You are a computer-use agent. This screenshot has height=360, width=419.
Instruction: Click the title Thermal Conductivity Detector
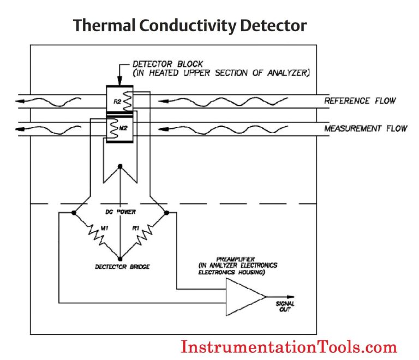point(190,25)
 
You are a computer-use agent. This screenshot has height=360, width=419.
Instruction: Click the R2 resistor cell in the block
point(119,101)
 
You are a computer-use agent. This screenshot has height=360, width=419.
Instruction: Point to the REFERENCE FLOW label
point(360,101)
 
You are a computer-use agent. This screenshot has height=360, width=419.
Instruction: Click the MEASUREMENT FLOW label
point(366,129)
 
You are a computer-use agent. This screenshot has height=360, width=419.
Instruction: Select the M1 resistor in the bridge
point(97,236)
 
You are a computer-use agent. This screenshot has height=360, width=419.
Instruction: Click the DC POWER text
point(120,211)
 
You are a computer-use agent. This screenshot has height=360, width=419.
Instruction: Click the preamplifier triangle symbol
point(244,297)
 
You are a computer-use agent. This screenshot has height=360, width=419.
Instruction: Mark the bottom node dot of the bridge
point(120,259)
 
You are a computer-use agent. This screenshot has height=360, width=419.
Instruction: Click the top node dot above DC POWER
point(120,166)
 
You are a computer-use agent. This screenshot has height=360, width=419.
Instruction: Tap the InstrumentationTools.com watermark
point(289,346)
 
